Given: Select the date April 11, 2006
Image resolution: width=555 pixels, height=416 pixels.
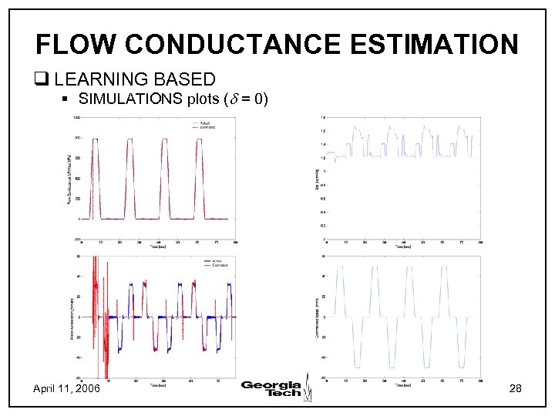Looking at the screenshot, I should click(66, 389).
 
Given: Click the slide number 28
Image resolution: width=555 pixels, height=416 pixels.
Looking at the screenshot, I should click(516, 389).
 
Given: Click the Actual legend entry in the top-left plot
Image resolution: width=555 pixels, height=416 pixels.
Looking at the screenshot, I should click(204, 122).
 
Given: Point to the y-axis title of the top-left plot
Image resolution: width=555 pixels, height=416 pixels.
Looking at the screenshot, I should click(67, 179).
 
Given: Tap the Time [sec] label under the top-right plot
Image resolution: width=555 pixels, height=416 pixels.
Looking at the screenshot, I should click(401, 247).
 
